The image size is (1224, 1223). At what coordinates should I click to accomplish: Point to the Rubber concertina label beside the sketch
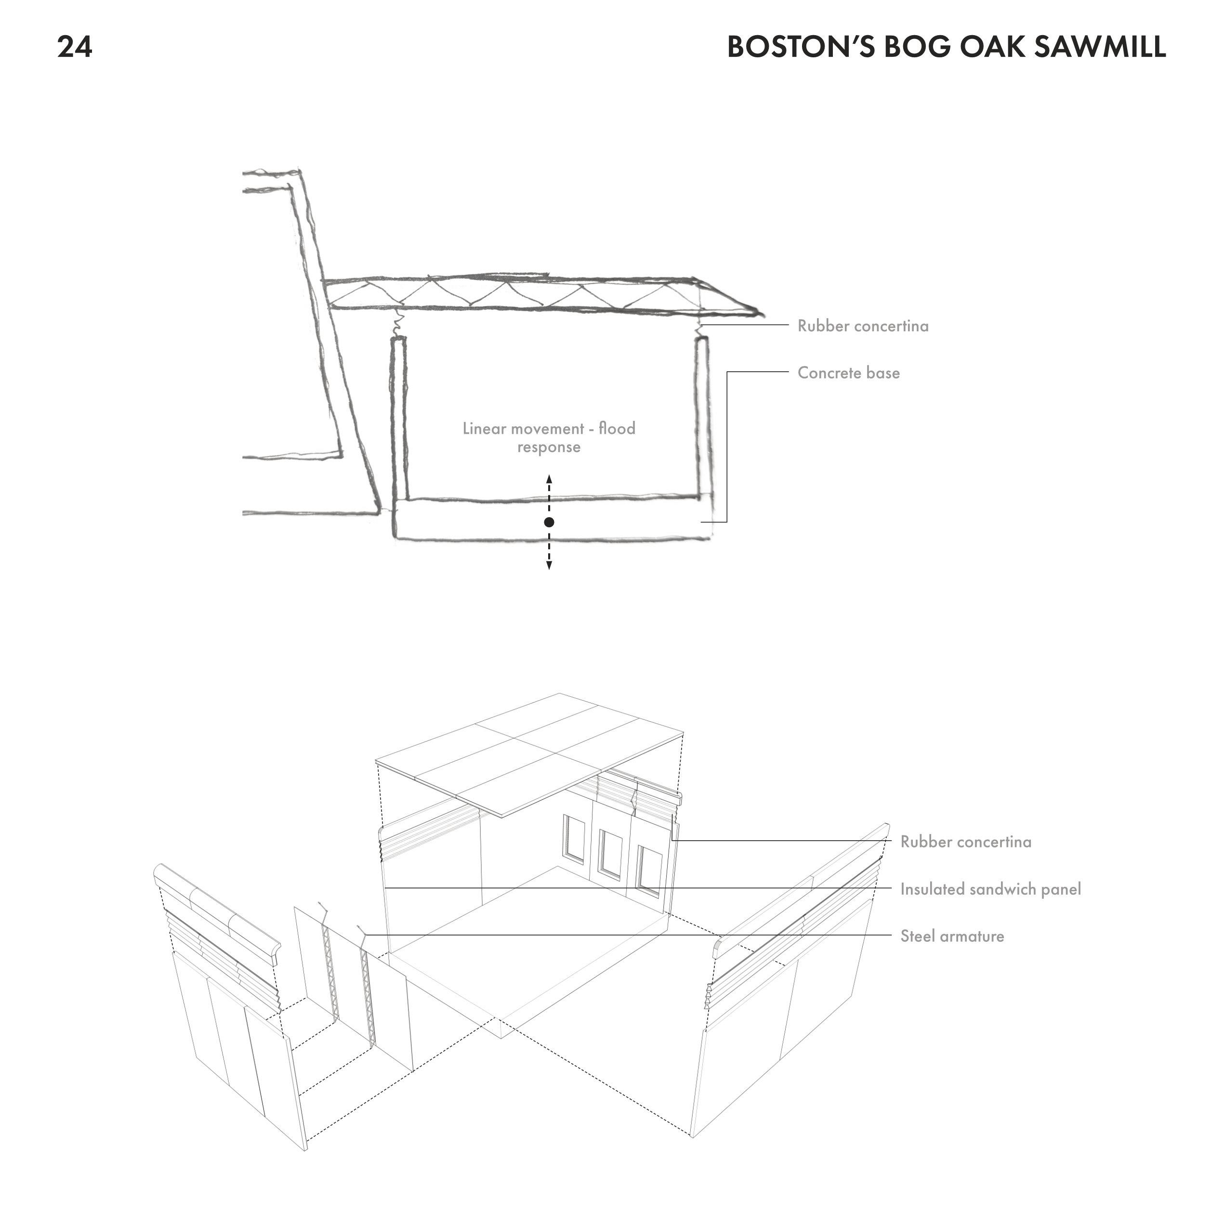pyautogui.click(x=863, y=325)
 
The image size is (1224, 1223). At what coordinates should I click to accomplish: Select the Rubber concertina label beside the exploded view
pyautogui.click(x=965, y=842)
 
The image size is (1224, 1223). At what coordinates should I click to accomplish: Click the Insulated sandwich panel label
pyautogui.click(x=991, y=889)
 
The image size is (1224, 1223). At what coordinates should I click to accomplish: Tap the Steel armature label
pyautogui.click(x=952, y=936)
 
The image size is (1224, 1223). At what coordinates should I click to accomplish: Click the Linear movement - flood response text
pyautogui.click(x=549, y=438)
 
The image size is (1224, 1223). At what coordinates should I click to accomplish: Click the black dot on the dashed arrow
pyautogui.click(x=549, y=522)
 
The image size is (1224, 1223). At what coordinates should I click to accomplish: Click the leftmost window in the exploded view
pyautogui.click(x=573, y=839)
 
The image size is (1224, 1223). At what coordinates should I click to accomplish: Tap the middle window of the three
pyautogui.click(x=611, y=855)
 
